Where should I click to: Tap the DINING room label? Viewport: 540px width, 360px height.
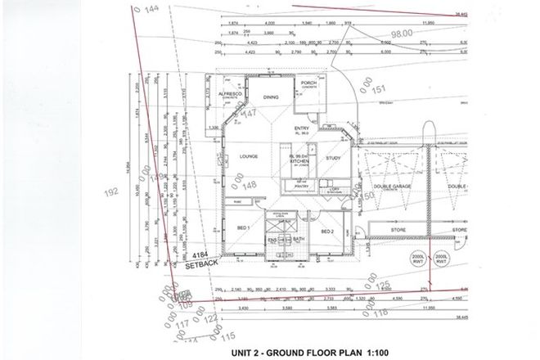click(271, 97)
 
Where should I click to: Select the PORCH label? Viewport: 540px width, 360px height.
click(308, 83)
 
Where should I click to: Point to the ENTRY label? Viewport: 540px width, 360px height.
click(303, 129)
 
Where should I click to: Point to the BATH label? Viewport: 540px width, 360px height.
click(299, 239)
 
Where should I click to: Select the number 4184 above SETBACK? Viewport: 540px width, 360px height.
click(202, 255)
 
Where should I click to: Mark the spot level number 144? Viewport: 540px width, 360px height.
click(150, 10)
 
